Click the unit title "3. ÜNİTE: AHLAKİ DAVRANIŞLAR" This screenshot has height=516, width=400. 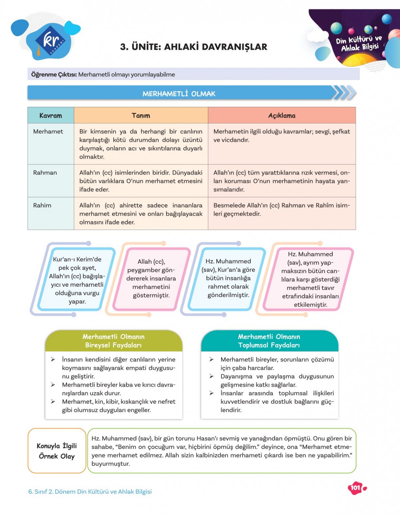coord(194,47)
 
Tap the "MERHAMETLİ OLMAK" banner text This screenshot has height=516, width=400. coord(179,94)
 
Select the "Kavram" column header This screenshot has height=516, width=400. coord(51,116)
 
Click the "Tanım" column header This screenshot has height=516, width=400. coord(141,116)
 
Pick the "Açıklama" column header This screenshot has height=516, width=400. coord(282,116)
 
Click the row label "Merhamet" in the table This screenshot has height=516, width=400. coord(48,132)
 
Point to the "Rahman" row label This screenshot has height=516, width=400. coord(45,173)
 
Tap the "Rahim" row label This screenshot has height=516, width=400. coord(42,205)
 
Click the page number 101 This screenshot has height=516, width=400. coord(355,488)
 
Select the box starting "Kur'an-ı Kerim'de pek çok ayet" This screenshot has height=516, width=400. coord(77,280)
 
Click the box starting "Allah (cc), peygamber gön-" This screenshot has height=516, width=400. coord(151,278)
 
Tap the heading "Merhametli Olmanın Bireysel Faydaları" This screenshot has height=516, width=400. coord(114,341)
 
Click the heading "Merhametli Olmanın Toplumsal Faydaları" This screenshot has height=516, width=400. coord(269,341)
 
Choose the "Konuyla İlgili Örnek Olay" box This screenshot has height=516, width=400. coord(57,451)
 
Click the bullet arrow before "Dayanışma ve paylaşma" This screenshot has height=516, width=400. coord(211,376)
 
